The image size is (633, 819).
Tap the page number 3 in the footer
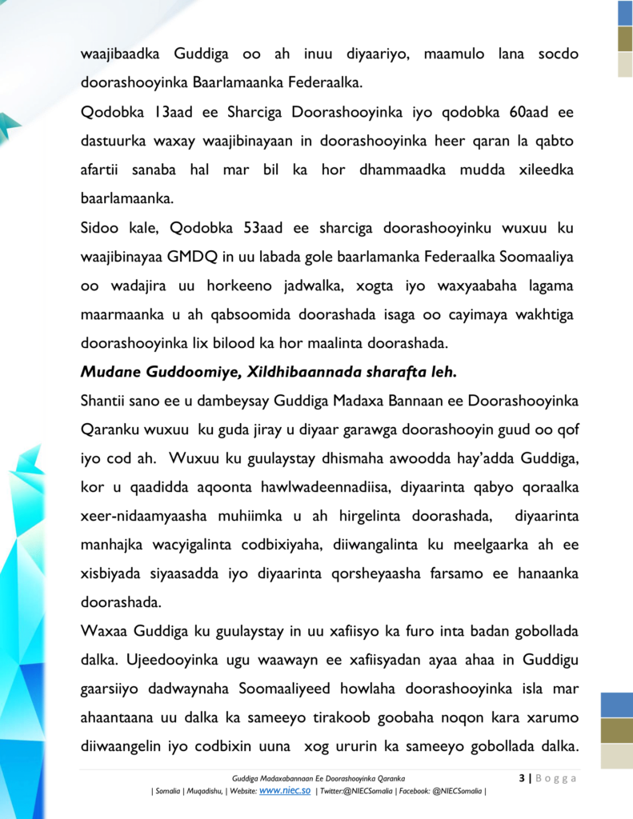click(522, 777)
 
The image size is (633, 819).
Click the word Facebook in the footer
click(414, 791)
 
